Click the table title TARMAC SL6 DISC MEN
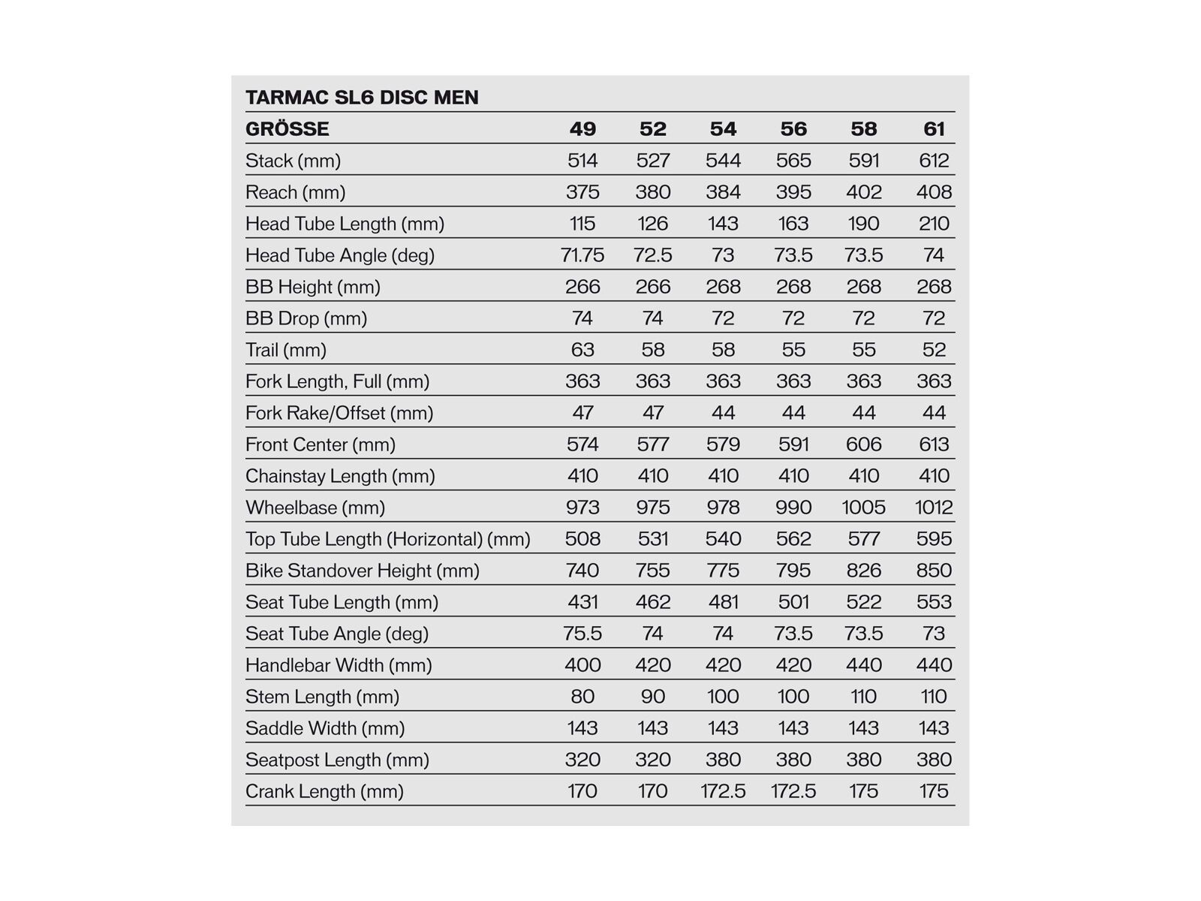[362, 98]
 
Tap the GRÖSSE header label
[287, 129]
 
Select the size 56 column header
[793, 129]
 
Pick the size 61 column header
[934, 129]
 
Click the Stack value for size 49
[582, 161]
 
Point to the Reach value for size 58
[863, 192]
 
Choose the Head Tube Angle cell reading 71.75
[582, 255]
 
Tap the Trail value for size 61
[934, 350]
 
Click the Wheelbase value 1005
[863, 508]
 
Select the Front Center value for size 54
[723, 444]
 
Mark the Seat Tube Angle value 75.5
[582, 634]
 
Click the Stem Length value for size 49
[582, 697]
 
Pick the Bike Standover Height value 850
[934, 571]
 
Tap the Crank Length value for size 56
[793, 791]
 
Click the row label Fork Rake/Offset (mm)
[339, 413]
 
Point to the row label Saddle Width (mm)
[325, 728]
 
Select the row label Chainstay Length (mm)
[340, 476]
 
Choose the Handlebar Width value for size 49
[582, 665]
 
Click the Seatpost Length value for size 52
[653, 760]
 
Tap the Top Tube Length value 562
[793, 539]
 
